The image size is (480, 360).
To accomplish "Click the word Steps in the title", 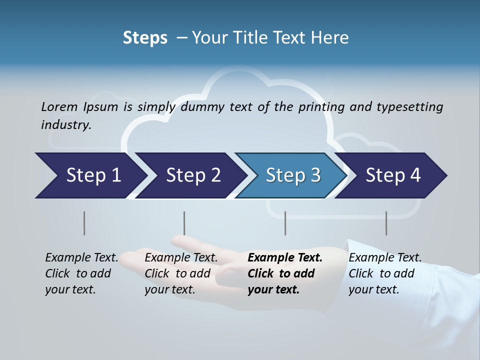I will [x=145, y=38].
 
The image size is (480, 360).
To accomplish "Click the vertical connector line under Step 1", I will [x=84, y=223].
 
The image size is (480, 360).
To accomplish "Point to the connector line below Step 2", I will [x=184, y=223].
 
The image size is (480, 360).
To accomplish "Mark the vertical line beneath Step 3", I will [x=285, y=223].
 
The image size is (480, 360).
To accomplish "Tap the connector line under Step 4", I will [x=386, y=223].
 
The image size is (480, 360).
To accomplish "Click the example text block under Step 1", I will [x=81, y=273].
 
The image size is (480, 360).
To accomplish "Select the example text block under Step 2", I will [x=181, y=273].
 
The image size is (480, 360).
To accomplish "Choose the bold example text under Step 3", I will [x=285, y=273].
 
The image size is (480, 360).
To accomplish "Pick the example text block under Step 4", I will [x=385, y=273].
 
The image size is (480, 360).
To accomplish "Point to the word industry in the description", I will [x=65, y=125].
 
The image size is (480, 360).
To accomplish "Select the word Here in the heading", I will [x=329, y=38].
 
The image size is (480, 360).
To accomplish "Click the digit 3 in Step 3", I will [x=315, y=175].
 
